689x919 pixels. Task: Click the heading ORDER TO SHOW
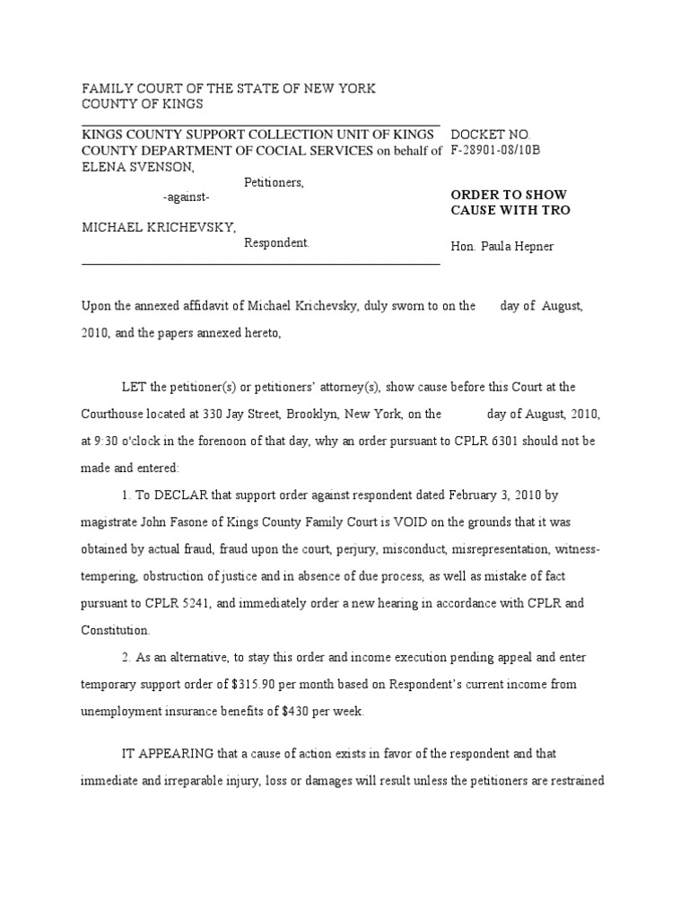pos(508,195)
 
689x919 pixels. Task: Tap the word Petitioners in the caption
pos(274,182)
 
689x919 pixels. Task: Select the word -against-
pos(187,197)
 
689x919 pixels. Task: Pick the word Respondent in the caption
pos(276,242)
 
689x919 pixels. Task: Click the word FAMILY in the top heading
pos(106,89)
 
